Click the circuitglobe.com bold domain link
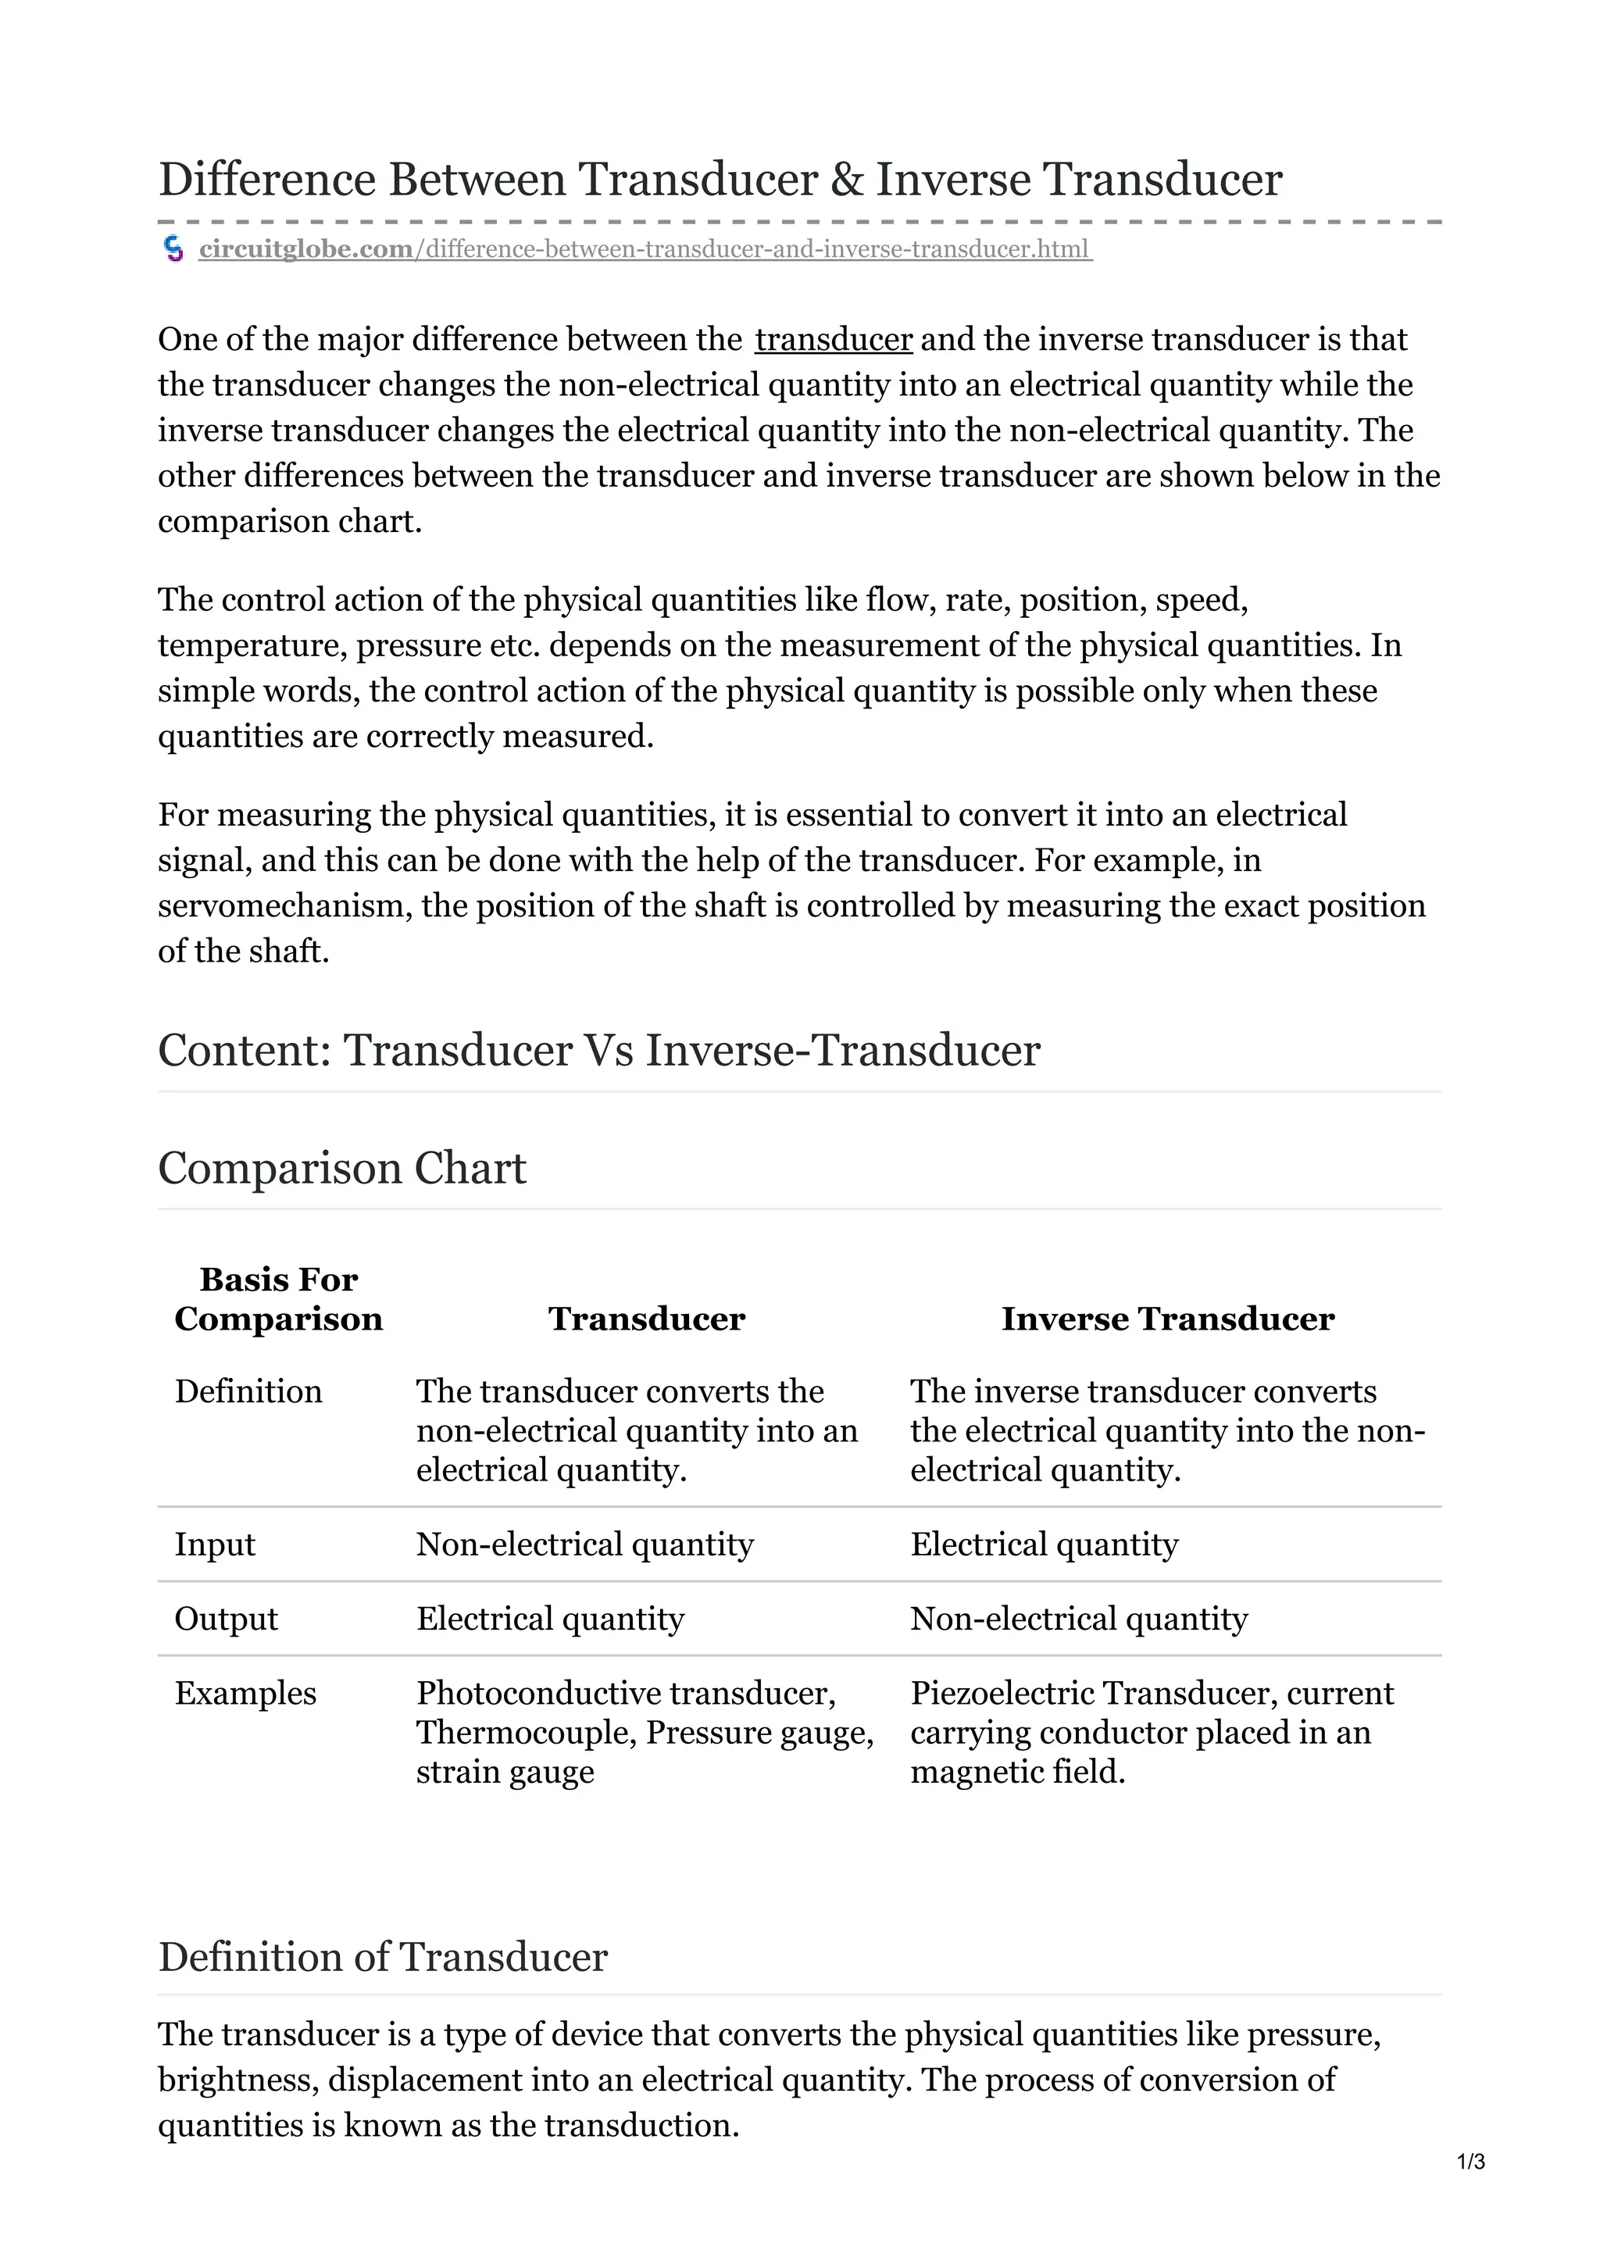[305, 249]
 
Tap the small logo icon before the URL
[173, 249]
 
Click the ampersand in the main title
[846, 180]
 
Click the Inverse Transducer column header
[1167, 1319]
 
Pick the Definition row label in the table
[248, 1391]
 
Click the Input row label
[215, 1544]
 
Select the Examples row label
[245, 1693]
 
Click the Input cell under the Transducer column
[584, 1544]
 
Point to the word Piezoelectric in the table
[1000, 1693]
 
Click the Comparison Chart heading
[342, 1169]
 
